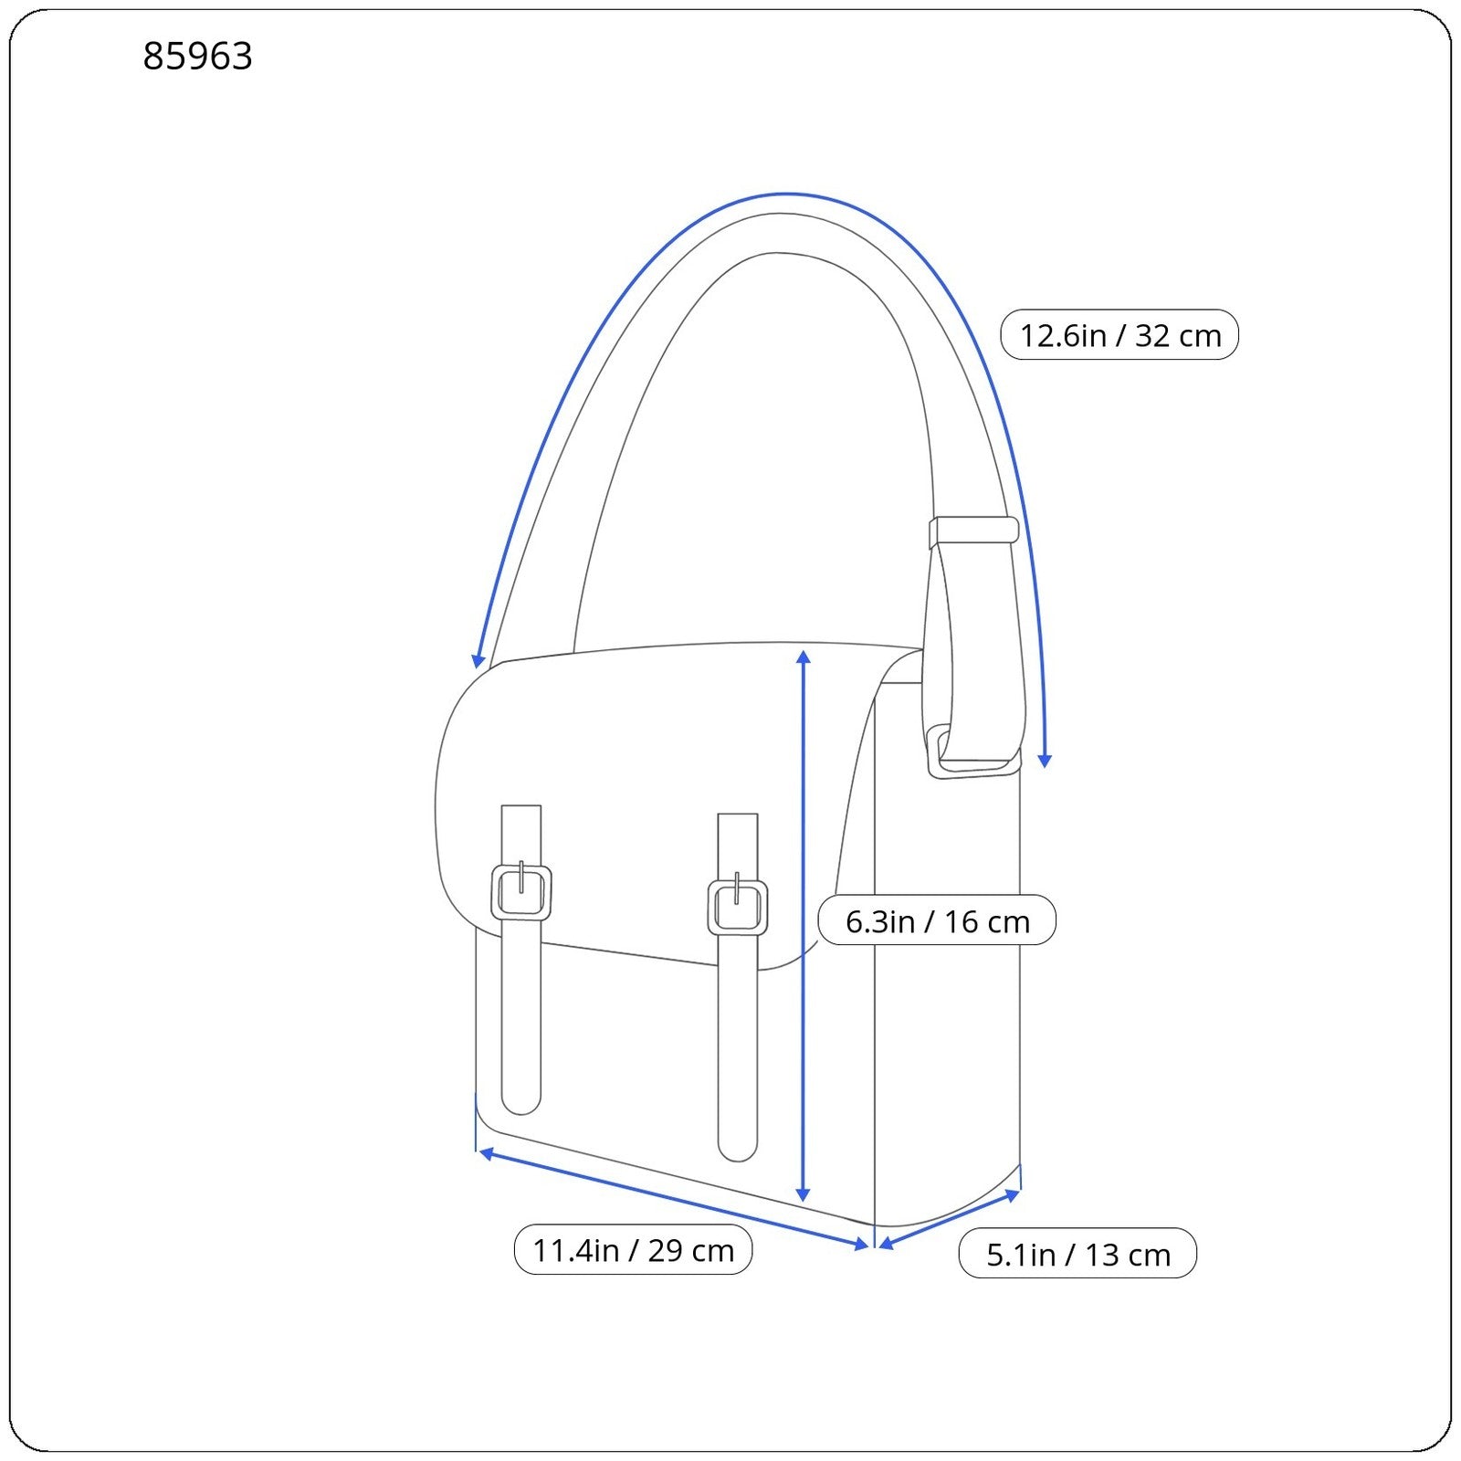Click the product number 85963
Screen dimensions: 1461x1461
click(197, 56)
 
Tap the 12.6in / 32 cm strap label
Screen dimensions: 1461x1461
click(1119, 335)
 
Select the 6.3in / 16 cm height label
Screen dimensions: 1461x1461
click(937, 920)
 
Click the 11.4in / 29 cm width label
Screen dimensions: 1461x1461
click(633, 1250)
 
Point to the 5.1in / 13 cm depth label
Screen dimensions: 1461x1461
click(1077, 1254)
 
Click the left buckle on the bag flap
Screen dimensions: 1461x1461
click(521, 892)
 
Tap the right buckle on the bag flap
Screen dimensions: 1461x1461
click(738, 907)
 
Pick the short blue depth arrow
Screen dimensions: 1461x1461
click(949, 1219)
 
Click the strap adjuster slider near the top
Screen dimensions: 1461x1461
click(973, 531)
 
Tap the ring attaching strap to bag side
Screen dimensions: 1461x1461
click(972, 754)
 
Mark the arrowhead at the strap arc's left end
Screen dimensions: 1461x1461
click(478, 660)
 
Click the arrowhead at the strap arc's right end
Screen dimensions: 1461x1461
click(1046, 760)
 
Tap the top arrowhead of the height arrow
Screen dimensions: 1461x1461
click(804, 657)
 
